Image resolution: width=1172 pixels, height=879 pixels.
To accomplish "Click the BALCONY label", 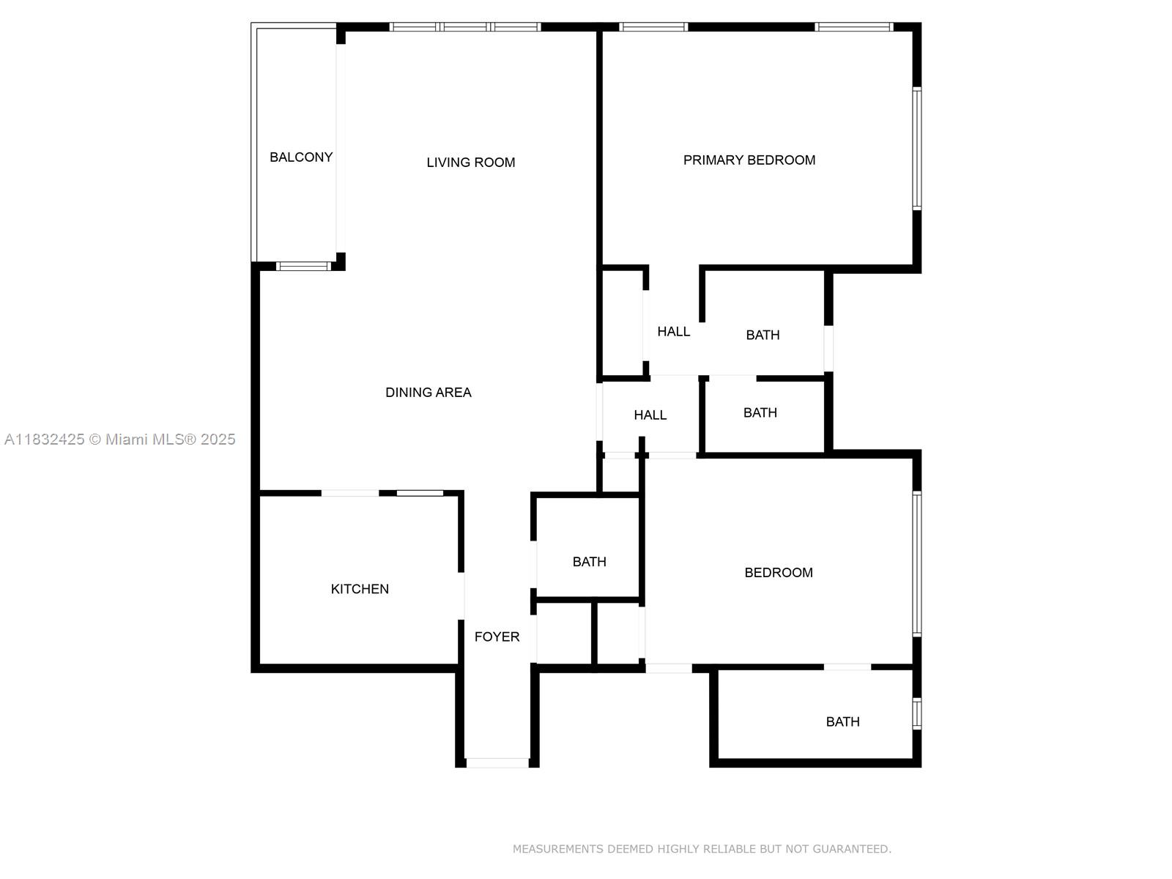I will coord(301,157).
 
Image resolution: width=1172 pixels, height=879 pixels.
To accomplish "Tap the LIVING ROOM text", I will coord(470,162).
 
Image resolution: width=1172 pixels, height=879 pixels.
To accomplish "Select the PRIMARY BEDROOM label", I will coord(749,160).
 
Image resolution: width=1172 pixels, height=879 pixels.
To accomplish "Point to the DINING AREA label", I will coord(428,392).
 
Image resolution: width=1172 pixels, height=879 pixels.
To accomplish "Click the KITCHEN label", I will coord(360,588).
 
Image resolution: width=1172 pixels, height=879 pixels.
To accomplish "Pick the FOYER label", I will coord(497,637).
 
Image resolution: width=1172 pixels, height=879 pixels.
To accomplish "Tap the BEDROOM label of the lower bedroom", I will coord(778,572).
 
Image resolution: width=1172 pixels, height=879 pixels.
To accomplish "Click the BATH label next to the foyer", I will coord(589,561).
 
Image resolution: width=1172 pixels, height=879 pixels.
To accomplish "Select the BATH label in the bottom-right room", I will coord(842,722).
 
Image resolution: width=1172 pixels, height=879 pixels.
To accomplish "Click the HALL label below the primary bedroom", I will coord(673,331).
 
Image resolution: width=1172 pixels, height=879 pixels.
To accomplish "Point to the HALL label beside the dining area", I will coord(650,415).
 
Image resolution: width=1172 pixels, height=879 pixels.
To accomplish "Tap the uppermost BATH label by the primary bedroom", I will coord(763,335).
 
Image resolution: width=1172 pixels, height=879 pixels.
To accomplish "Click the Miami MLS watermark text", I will coord(120,439).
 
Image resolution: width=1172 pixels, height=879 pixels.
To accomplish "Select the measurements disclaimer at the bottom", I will coord(701,849).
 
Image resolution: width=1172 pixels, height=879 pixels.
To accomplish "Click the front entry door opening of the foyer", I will coord(497,763).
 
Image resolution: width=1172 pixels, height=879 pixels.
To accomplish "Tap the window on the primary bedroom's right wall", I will coord(916,149).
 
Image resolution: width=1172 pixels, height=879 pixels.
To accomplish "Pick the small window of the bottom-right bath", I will coord(916,713).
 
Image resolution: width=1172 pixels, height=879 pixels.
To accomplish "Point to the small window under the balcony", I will coord(303,266).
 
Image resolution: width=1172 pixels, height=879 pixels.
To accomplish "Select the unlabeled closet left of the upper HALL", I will coord(622,322).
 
